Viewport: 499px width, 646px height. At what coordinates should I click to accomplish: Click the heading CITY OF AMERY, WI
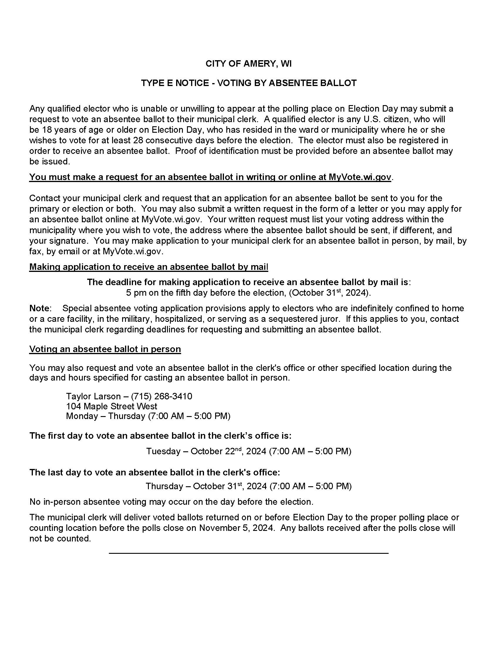click(x=249, y=64)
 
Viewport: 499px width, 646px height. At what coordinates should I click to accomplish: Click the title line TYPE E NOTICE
click(x=249, y=83)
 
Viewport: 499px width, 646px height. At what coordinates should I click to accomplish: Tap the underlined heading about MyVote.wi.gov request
click(x=210, y=177)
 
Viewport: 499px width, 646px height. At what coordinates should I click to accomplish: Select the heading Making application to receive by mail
click(x=149, y=267)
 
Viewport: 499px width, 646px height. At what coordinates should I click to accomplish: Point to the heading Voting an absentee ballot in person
click(x=105, y=349)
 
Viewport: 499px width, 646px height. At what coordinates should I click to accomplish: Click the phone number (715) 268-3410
click(x=161, y=396)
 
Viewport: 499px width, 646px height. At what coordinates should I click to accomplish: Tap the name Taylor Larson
click(x=93, y=396)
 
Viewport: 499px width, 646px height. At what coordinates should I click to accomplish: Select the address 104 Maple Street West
click(x=112, y=406)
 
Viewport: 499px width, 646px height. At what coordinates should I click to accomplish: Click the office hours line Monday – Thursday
click(x=148, y=416)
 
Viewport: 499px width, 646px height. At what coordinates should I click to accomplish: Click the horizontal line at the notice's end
click(x=248, y=553)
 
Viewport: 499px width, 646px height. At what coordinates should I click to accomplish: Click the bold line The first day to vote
click(x=160, y=436)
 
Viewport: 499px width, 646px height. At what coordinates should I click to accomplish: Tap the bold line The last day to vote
click(x=154, y=472)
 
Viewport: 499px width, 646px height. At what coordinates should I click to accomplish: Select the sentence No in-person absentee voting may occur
click(x=171, y=502)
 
